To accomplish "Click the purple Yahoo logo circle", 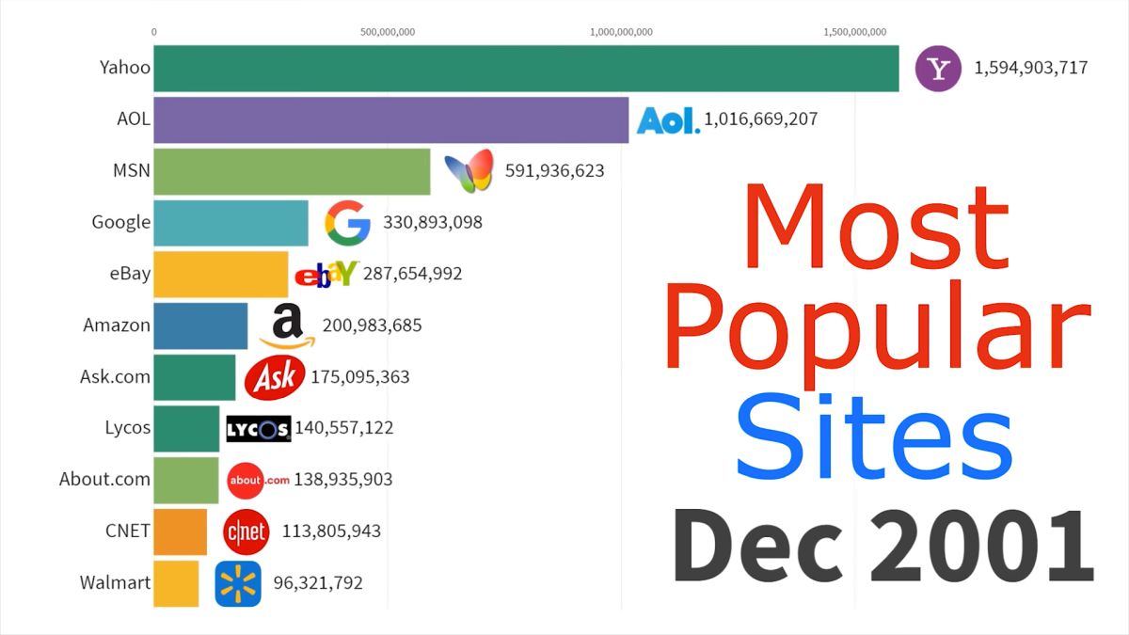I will coord(938,69).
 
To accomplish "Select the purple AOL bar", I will coord(390,119).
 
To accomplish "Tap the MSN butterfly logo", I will coord(469,171).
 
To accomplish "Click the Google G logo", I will coord(347,223).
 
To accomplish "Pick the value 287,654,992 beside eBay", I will coord(412,274).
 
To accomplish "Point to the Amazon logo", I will coord(288,325).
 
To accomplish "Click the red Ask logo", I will coord(275,377).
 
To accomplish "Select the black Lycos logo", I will coord(259,429).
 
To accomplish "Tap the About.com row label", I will coord(104,479).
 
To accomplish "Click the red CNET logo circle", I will coord(246,532).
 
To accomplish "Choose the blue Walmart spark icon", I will coord(238,583).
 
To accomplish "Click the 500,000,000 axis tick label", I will coord(388,32).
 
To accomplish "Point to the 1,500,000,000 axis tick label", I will coord(854,32).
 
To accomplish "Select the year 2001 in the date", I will coord(980,547).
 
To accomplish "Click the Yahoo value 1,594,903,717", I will coord(1031,68).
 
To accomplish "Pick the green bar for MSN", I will coord(292,171).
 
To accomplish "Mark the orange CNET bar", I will coord(180,532).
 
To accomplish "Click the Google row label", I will coord(120,222).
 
